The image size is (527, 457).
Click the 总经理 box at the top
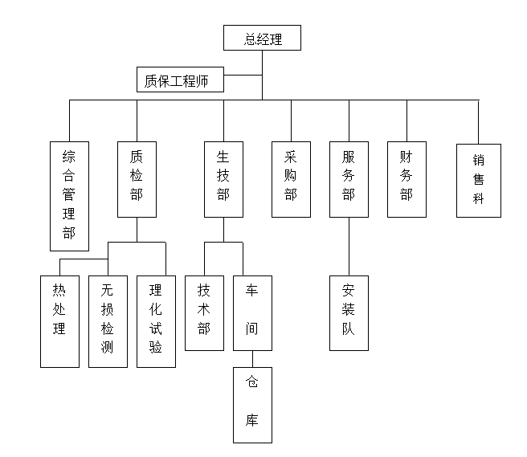coord(263,39)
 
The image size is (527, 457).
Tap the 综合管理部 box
coord(69,196)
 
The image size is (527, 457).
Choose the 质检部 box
coord(137,178)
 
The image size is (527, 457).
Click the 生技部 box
coord(223,178)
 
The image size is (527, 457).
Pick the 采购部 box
coord(291,178)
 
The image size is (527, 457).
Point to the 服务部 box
coord(349,178)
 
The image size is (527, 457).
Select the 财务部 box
coord(406,178)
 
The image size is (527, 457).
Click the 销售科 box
coord(478,180)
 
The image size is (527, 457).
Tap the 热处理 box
coord(59,321)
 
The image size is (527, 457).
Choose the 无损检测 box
coord(108,321)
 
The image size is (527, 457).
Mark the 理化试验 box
coord(156,321)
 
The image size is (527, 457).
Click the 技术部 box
coord(204,312)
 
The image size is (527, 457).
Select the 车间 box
coord(252,312)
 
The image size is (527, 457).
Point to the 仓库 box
coord(252,405)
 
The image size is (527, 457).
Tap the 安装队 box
coord(349,312)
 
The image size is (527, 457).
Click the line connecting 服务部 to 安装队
coord(349,246)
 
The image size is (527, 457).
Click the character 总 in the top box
coord(251,39)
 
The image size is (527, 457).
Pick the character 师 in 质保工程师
coord(210,80)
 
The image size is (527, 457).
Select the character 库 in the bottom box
coord(252,420)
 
